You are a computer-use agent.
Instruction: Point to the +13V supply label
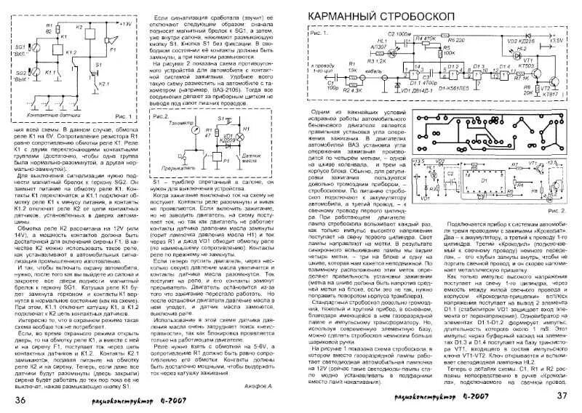pos(128,24)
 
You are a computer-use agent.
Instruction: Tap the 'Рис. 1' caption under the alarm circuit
pos(125,116)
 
